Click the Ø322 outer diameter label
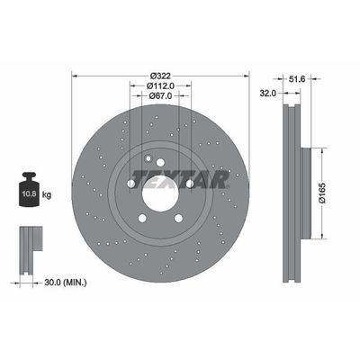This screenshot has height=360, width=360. [x=160, y=76]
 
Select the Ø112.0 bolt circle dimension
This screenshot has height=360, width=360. [x=160, y=85]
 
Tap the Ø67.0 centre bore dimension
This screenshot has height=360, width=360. [x=160, y=95]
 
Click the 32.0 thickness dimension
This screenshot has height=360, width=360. [x=267, y=94]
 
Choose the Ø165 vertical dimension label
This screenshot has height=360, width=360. [x=322, y=193]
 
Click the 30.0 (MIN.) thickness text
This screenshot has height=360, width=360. [x=66, y=283]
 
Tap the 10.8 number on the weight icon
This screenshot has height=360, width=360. [x=30, y=193]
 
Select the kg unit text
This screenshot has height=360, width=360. [x=47, y=195]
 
